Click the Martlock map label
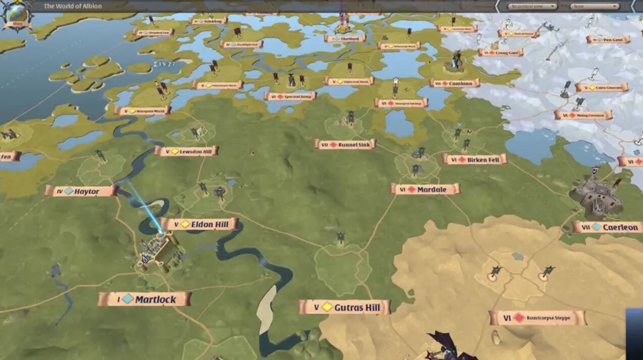click(x=145, y=299)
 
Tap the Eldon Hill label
click(x=200, y=224)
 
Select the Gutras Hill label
click(x=344, y=307)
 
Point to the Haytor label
click(x=81, y=191)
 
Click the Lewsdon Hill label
click(x=186, y=151)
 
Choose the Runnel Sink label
click(x=345, y=144)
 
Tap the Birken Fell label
click(x=474, y=160)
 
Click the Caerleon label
click(x=608, y=227)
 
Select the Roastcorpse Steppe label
click(x=537, y=318)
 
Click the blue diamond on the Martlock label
click(x=128, y=299)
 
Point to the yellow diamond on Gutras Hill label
click(x=327, y=307)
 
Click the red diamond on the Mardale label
click(x=412, y=189)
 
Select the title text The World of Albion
click(x=73, y=7)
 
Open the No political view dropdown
click(x=532, y=7)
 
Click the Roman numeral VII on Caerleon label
click(x=586, y=228)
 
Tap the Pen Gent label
click(x=608, y=39)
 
